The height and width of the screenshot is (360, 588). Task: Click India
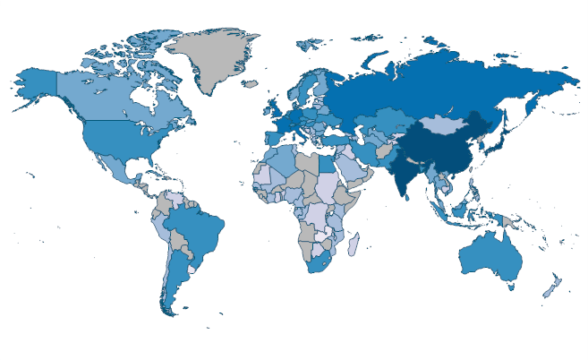[x=411, y=175]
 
